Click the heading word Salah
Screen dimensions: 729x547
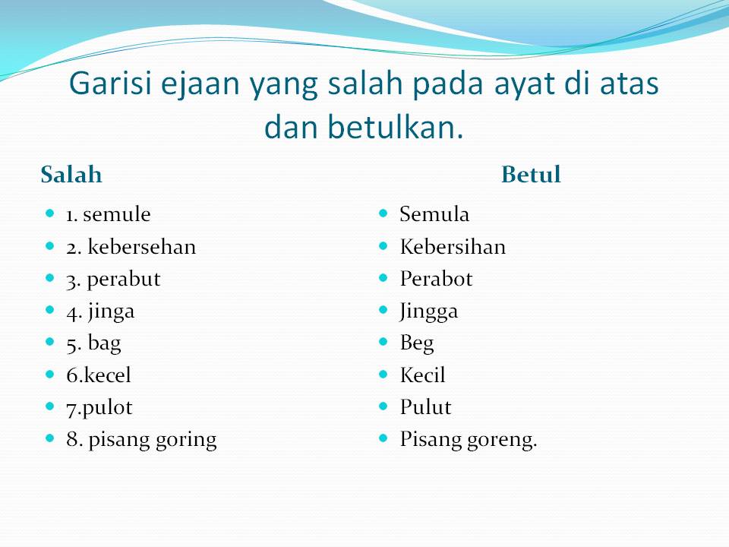71,175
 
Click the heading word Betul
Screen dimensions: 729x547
531,175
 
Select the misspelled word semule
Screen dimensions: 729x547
117,214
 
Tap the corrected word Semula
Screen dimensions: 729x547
434,214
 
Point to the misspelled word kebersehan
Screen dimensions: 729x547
142,246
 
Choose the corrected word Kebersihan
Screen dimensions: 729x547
453,246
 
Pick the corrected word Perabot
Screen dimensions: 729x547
436,279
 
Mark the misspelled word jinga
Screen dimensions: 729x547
112,312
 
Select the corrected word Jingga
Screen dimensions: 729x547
428,312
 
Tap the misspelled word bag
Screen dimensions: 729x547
105,344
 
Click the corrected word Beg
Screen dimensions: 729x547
417,344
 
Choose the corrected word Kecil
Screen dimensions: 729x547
423,375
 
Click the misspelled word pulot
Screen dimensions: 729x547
107,408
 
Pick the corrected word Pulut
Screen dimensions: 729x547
425,407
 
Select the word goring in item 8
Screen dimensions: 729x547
186,441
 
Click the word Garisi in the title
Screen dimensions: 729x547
111,84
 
